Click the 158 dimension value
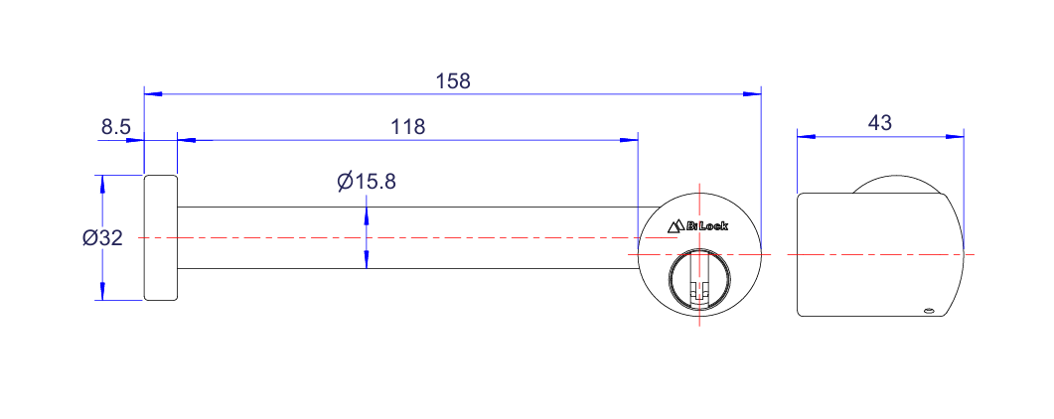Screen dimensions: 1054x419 [453, 81]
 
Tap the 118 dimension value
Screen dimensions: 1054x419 [408, 127]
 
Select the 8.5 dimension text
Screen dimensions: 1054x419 [115, 126]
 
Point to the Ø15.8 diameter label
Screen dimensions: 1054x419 [367, 182]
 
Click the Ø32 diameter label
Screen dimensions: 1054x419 [102, 237]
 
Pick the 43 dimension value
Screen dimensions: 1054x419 [879, 123]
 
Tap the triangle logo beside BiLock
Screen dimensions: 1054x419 [676, 226]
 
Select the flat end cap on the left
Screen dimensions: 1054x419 [161, 237]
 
